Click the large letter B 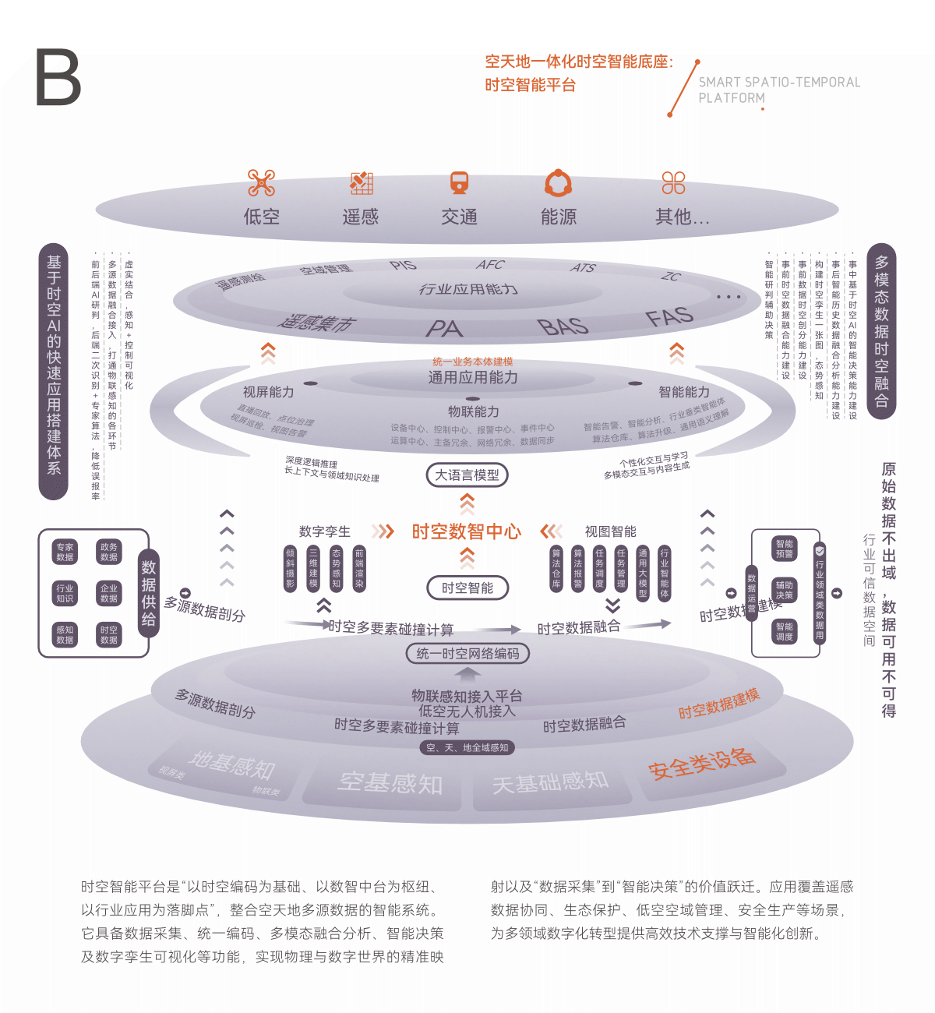click(58, 77)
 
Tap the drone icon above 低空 click(261, 183)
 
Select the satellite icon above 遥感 click(361, 183)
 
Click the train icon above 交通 click(460, 183)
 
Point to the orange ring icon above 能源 click(559, 183)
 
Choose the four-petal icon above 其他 click(673, 183)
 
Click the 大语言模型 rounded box click(467, 475)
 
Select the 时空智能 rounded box click(467, 588)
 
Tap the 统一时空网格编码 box click(467, 653)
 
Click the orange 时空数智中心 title click(466, 531)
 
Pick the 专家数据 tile click(65, 552)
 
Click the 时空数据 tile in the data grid click(109, 634)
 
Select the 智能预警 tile click(784, 549)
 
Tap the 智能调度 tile click(784, 631)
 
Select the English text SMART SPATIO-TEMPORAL click(779, 82)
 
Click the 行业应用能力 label click(467, 289)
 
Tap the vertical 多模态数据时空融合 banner click(881, 331)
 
